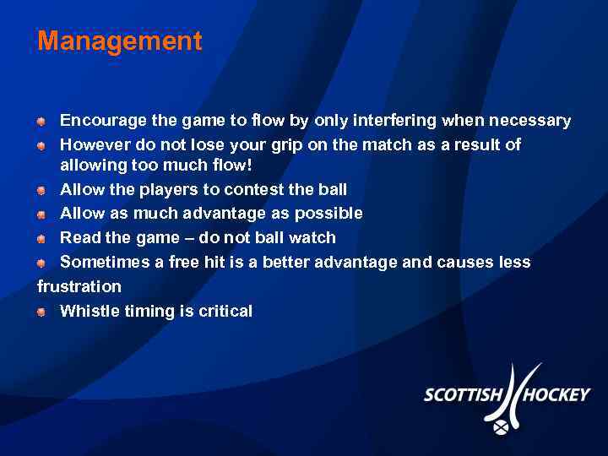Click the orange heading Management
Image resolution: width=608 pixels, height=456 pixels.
coord(119,41)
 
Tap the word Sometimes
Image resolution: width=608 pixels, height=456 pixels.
coord(104,262)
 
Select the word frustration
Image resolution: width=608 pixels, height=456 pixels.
coord(79,286)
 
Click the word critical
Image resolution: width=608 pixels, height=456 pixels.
coord(225,311)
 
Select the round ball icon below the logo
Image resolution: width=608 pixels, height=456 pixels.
coord(501,427)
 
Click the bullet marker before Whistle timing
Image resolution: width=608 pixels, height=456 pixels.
coord(41,312)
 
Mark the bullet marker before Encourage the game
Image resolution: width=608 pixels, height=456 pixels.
coord(41,122)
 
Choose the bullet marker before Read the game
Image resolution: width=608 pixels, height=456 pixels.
coord(41,238)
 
